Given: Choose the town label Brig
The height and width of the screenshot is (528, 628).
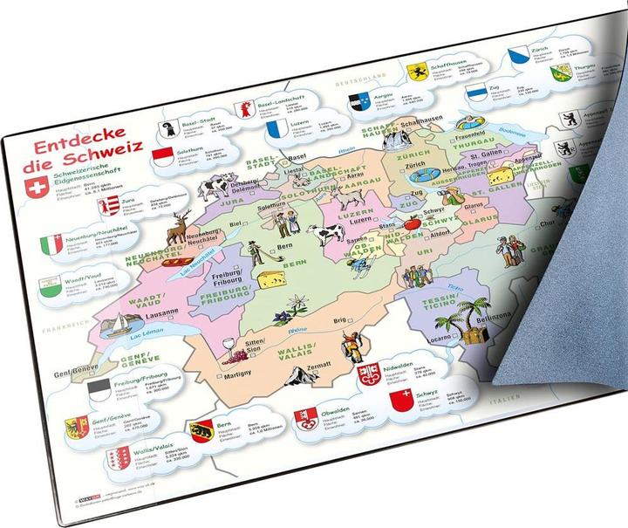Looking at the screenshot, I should tap(338, 322).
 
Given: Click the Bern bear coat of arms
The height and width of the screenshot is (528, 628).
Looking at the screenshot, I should tap(202, 429).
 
